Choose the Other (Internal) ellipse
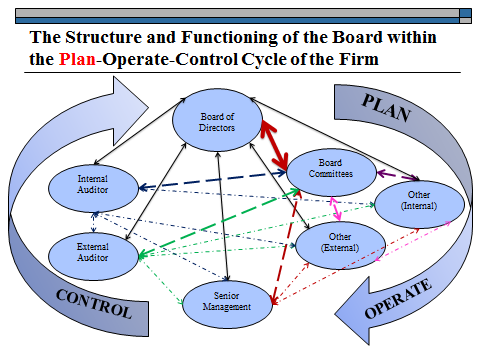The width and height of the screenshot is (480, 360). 419,199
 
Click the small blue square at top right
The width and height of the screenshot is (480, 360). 465,14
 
